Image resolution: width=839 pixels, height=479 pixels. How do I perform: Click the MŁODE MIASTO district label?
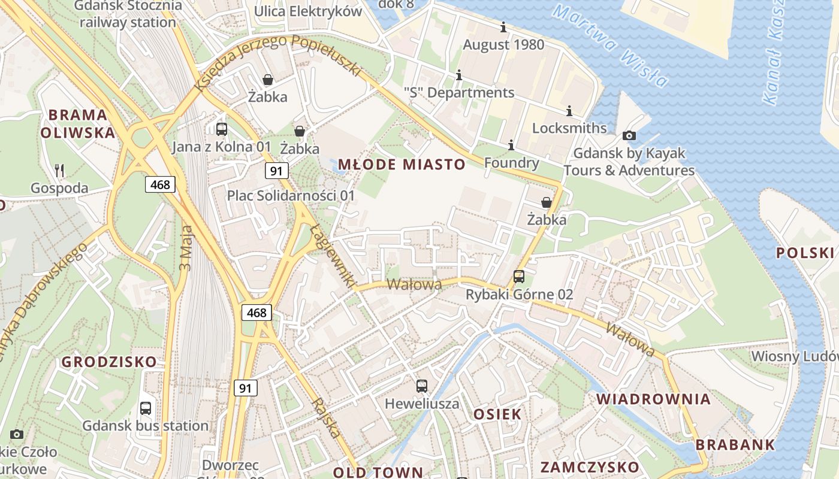pos(402,165)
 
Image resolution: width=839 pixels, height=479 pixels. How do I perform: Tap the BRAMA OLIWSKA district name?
pos(78,123)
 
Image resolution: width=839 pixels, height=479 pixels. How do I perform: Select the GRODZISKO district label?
pos(109,362)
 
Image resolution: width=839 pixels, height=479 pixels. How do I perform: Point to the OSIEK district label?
pos(497,414)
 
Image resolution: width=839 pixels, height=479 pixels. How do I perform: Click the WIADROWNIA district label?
pos(653,399)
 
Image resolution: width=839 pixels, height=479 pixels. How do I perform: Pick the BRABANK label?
pos(735,445)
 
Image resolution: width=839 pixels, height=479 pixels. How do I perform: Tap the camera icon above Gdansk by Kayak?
pos(629,135)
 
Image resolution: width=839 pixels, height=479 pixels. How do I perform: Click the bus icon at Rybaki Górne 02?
pos(519,277)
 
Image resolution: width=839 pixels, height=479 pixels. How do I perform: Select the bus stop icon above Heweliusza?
pos(422,386)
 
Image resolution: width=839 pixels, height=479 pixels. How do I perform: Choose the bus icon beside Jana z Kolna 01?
pos(221,129)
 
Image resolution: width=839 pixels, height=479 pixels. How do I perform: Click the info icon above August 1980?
pos(503,27)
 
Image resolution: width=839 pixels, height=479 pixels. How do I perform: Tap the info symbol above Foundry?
pos(511,145)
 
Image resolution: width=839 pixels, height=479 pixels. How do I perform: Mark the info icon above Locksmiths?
pos(569,111)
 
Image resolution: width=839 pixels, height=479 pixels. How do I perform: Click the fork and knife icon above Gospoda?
pos(59,171)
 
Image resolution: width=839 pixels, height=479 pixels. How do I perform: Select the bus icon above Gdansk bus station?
pos(145,408)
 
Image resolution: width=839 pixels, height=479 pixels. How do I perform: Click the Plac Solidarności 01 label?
pos(291,196)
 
